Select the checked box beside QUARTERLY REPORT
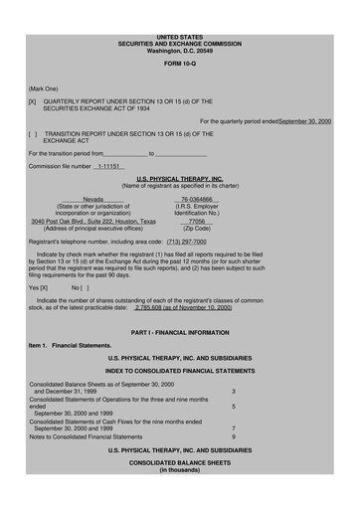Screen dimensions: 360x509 click(33, 101)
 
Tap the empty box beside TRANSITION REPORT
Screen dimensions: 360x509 click(33, 133)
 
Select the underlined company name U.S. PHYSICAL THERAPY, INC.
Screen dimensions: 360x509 click(179, 178)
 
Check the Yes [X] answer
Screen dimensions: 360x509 click(39, 286)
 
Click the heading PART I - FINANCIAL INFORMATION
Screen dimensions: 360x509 click(179, 329)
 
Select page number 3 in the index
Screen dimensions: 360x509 click(234, 392)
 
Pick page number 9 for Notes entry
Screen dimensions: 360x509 click(234, 436)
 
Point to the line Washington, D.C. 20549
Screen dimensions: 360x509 click(179, 50)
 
